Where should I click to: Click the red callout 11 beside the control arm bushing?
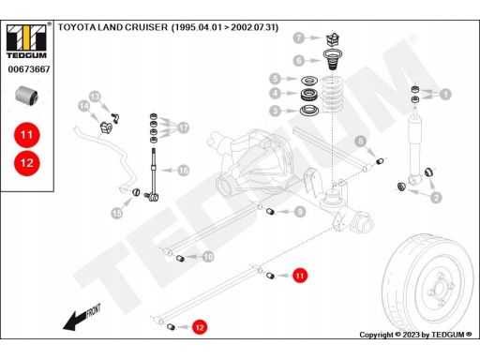click(300, 276)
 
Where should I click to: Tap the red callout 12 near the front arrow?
click(200, 327)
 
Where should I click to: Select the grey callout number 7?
click(299, 37)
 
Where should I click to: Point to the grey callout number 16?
click(184, 171)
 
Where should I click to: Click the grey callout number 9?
click(300, 212)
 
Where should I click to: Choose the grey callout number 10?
click(208, 257)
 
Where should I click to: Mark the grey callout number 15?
click(117, 214)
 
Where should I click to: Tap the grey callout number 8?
click(361, 142)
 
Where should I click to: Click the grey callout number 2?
click(436, 198)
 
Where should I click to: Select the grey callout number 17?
click(184, 127)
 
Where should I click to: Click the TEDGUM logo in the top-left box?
click(26, 40)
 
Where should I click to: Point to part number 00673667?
click(29, 69)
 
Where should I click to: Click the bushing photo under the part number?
click(27, 96)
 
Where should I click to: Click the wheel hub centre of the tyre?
click(440, 288)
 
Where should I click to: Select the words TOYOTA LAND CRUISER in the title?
click(112, 27)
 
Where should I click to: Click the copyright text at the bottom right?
click(415, 335)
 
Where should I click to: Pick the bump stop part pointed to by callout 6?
click(333, 60)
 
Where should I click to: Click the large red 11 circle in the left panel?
click(27, 135)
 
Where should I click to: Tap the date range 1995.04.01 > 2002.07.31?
click(225, 27)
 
